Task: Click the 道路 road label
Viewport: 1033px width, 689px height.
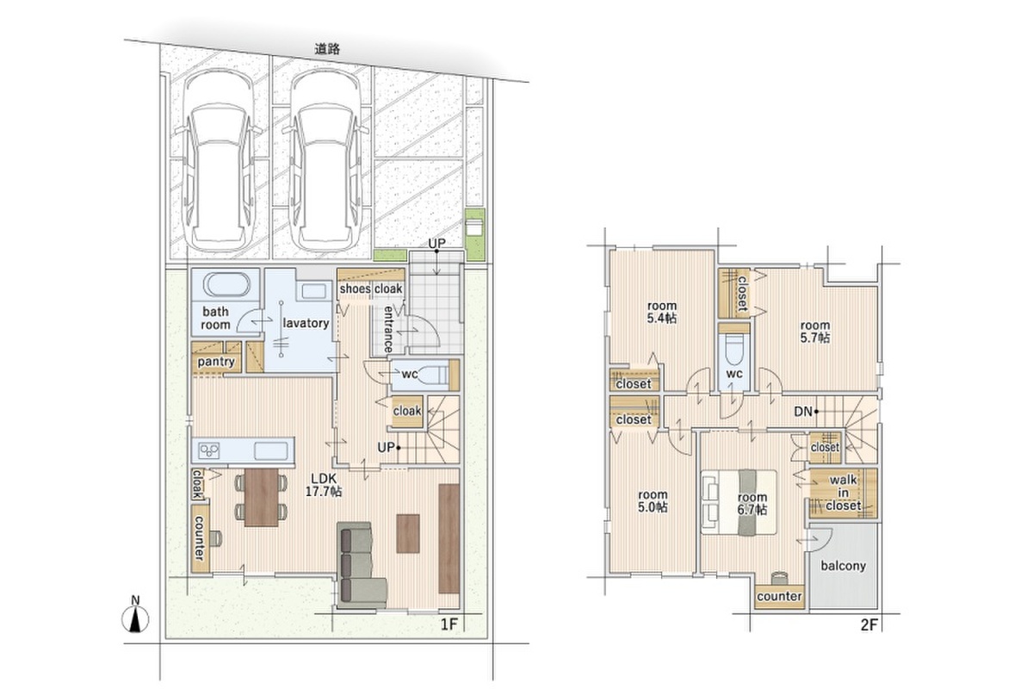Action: coord(327,49)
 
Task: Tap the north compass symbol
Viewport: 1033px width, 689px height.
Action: coord(135,616)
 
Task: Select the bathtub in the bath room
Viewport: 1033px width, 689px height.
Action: coord(227,284)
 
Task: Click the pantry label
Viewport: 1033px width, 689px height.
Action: coord(216,362)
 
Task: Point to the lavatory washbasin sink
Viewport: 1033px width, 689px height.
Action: coord(313,291)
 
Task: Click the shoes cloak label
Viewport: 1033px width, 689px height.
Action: coord(371,289)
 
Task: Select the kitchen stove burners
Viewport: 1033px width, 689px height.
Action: coord(209,450)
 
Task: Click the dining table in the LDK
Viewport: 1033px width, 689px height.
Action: coord(262,497)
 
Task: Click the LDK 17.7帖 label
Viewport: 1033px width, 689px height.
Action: coord(324,485)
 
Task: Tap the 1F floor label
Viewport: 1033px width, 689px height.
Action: coord(448,624)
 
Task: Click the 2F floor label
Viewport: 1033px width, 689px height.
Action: coord(869,624)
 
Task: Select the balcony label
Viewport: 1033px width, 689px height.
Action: coord(843,565)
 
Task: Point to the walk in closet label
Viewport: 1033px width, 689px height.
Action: coord(844,493)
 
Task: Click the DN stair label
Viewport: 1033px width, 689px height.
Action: coord(803,411)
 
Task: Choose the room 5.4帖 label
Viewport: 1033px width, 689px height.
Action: coord(662,312)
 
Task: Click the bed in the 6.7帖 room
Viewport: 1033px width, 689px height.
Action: coord(739,502)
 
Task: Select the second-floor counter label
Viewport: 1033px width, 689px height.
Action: coord(779,596)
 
